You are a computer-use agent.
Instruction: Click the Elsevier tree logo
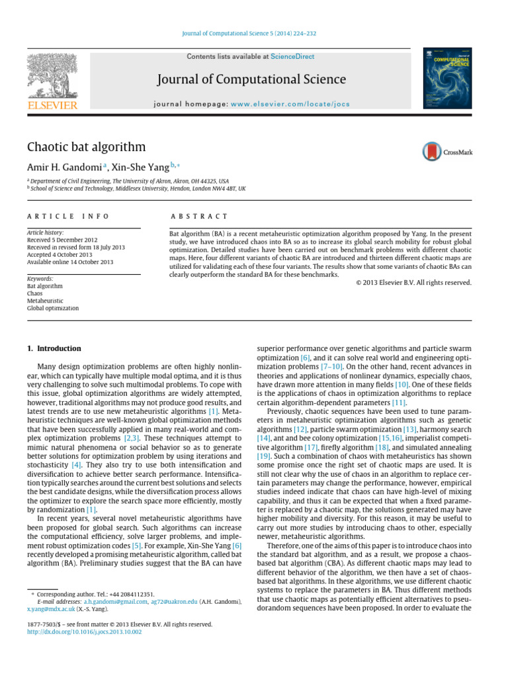52,79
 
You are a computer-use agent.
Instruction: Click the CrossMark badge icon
447,152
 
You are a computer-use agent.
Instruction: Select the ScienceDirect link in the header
292,57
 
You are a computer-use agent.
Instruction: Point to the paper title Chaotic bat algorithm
86,147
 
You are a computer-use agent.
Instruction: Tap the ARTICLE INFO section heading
68,217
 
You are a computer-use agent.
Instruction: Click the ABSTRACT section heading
199,217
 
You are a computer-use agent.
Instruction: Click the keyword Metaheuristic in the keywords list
46,301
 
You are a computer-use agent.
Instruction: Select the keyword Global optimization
52,308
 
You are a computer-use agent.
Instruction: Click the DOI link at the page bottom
84,632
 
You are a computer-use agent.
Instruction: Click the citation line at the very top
253,34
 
